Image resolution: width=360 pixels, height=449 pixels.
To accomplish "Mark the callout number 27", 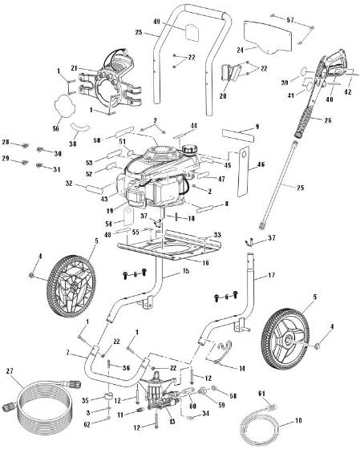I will point(9,370).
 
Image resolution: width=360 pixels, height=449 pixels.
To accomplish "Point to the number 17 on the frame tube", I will point(270,276).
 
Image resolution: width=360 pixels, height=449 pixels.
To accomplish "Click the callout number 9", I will point(257,127).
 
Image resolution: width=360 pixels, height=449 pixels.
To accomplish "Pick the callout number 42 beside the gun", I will point(347,92).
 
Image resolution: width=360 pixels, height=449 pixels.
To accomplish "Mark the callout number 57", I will point(290,18).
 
